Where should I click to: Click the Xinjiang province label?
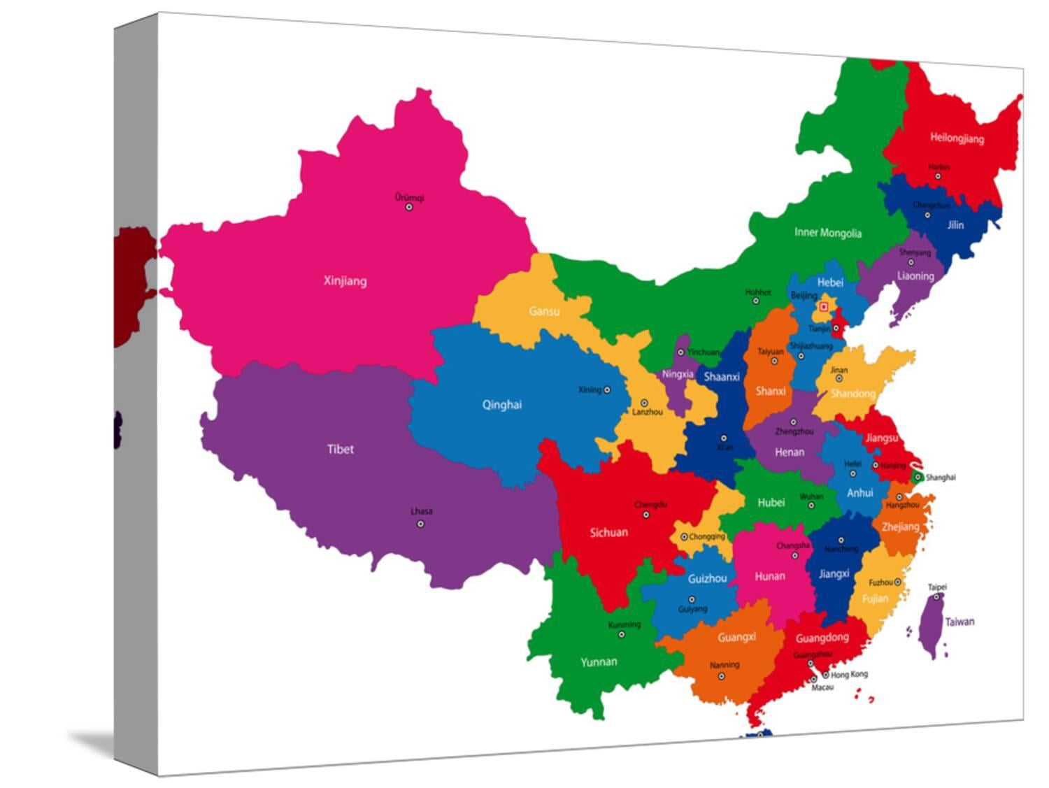pos(345,281)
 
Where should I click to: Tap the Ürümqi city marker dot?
pos(409,207)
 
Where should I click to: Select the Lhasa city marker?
pos(420,524)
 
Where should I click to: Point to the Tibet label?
pos(341,449)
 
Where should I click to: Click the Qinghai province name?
pos(501,404)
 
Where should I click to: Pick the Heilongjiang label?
pos(957,138)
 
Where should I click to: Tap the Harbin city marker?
pos(938,176)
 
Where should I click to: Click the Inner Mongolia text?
pos(828,233)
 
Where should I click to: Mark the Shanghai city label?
pos(940,478)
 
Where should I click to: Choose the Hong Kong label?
pos(849,674)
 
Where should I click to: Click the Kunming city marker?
pos(621,634)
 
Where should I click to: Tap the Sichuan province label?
pos(608,533)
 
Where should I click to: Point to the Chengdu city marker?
pos(645,515)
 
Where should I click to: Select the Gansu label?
pos(544,311)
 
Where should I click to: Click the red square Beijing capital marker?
pos(824,306)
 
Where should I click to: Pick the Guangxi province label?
pos(736,637)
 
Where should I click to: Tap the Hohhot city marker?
pos(755,301)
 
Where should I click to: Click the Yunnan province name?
pos(599,661)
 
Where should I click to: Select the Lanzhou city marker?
pos(644,403)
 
